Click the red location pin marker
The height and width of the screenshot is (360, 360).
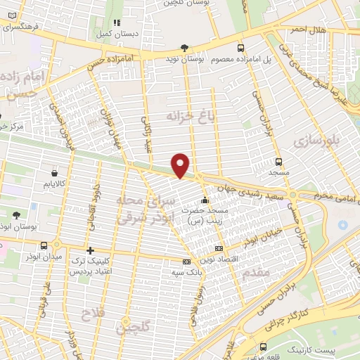point(181,165)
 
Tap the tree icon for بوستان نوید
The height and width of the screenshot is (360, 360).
point(184,48)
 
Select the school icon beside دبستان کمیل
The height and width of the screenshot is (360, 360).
point(116,23)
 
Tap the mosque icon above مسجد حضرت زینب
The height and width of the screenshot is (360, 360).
point(205,200)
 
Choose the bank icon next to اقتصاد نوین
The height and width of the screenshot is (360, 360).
point(219,248)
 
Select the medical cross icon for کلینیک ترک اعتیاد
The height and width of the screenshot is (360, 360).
point(90,250)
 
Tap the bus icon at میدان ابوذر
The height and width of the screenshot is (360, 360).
point(46,245)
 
